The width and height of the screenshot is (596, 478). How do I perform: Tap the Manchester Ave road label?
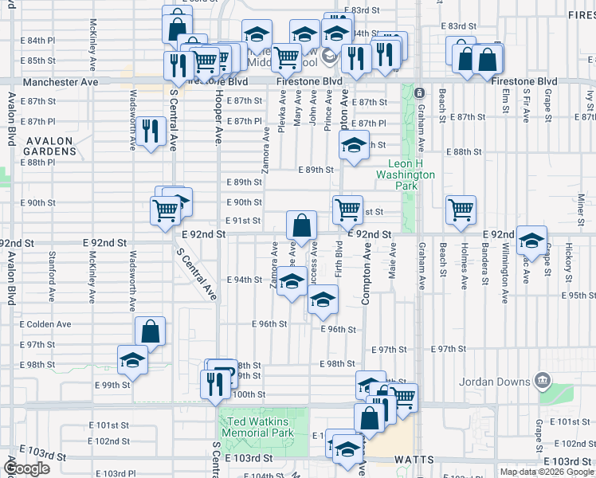[x=60, y=82]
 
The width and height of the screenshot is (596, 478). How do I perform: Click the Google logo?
[x=27, y=468]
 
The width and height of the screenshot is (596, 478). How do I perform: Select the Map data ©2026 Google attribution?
[x=547, y=472]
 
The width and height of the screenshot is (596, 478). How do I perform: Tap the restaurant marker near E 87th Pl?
[x=150, y=130]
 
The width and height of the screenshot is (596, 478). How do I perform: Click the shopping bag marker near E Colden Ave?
[x=150, y=329]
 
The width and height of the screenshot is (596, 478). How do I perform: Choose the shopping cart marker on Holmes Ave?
[x=461, y=209]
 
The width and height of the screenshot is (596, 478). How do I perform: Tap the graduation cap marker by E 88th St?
[x=353, y=144]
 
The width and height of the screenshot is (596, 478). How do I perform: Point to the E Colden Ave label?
[x=46, y=324]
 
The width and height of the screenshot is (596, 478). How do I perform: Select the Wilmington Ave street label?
[x=504, y=279]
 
